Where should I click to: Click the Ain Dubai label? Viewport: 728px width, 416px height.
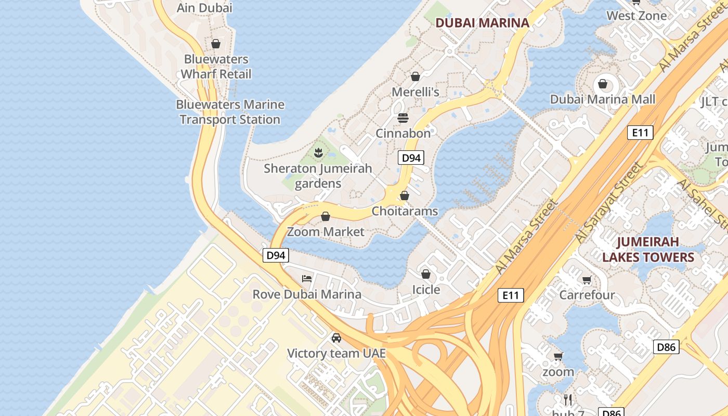point(204,8)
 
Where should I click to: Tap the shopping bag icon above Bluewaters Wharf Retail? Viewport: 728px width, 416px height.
point(216,44)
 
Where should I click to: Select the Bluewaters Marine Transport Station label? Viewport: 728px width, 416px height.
point(230,112)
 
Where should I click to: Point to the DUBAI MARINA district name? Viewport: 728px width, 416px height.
point(482,23)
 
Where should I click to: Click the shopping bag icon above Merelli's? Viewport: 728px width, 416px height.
point(415,77)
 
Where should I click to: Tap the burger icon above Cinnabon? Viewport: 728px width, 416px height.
point(403,118)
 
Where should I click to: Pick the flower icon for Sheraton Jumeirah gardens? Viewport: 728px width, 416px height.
point(318,153)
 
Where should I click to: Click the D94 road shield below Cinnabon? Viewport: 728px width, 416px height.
point(411,158)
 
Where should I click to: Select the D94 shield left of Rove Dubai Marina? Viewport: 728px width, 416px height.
point(276,255)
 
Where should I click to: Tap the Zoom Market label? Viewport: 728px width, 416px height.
point(326,231)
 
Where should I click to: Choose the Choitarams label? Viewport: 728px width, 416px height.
point(405,211)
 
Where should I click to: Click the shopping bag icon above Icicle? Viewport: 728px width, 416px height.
point(426,274)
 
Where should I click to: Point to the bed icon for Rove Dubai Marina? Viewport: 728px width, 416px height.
point(307,279)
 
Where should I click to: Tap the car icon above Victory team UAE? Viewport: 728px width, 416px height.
point(336,338)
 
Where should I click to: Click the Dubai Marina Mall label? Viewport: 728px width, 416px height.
point(603,99)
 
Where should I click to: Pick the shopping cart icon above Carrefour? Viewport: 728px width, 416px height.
point(587,280)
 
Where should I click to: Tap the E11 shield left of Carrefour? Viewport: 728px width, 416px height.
point(510,295)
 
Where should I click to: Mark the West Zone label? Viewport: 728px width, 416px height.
point(636,16)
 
